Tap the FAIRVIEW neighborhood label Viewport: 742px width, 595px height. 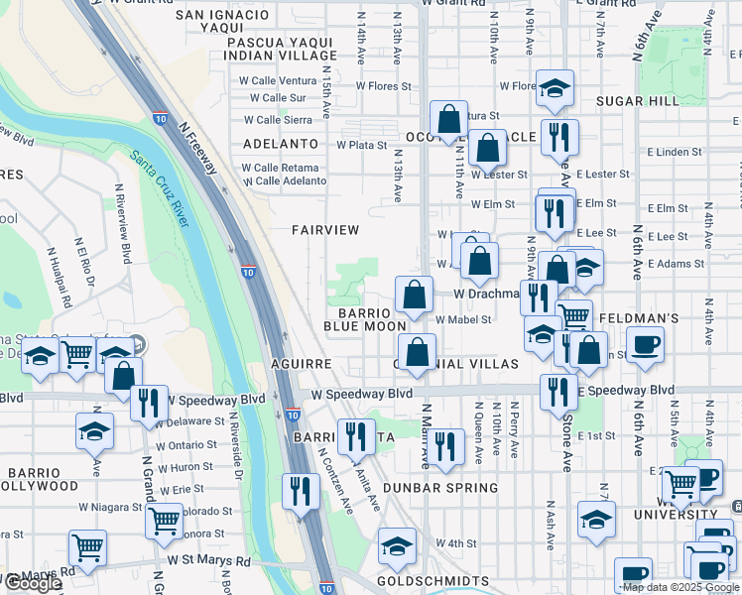pyautogui.click(x=325, y=229)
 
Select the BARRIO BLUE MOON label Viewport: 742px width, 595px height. pyautogui.click(x=365, y=318)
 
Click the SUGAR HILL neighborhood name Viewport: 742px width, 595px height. pyautogui.click(x=637, y=101)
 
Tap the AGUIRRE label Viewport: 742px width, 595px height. pyautogui.click(x=301, y=364)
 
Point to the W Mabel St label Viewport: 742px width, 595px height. pyautogui.click(x=463, y=319)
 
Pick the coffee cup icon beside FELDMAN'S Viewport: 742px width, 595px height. pyautogui.click(x=645, y=346)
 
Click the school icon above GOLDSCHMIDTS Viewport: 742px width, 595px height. pyautogui.click(x=397, y=546)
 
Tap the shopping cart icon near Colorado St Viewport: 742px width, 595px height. pyautogui.click(x=164, y=520)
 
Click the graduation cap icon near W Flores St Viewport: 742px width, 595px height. pyautogui.click(x=555, y=89)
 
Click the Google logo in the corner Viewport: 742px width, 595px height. pyautogui.click(x=32, y=583)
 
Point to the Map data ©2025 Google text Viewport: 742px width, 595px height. pyautogui.click(x=681, y=587)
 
